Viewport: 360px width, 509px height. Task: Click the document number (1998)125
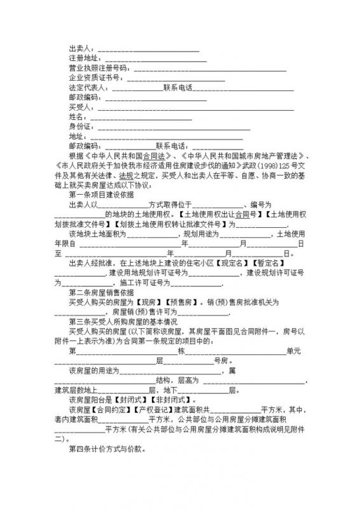coord(267,165)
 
